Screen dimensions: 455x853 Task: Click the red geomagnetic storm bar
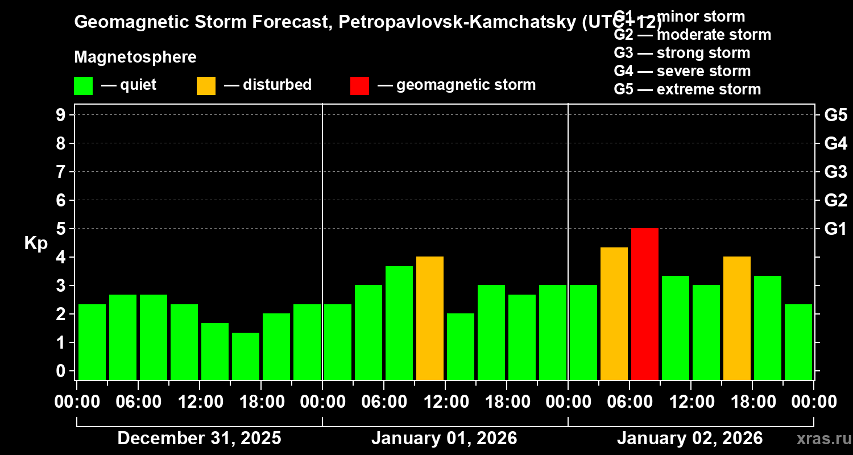(645, 304)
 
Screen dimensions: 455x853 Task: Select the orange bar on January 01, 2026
(430, 318)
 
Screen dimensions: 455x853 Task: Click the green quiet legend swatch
(84, 85)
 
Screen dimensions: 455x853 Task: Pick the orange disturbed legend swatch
(206, 85)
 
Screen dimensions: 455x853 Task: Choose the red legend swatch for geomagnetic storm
(359, 85)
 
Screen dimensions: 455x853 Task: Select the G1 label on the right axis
(835, 229)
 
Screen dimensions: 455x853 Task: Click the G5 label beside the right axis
(835, 115)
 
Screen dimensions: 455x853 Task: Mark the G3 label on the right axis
(835, 172)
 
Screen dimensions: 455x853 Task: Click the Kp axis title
(36, 243)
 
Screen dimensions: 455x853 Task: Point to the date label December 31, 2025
(199, 439)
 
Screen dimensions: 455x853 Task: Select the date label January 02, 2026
(690, 439)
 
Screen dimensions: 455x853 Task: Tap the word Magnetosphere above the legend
(135, 57)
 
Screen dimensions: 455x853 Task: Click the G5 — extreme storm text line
(687, 89)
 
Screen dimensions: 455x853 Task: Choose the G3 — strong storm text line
(682, 53)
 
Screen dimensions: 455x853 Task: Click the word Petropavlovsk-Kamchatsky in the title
(450, 23)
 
